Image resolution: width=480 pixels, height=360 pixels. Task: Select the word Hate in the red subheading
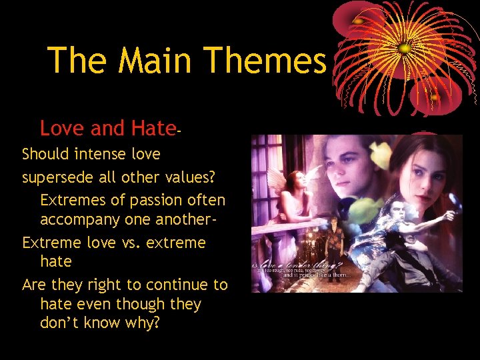pyautogui.click(x=153, y=127)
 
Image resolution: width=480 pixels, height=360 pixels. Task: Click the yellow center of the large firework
pyautogui.click(x=404, y=48)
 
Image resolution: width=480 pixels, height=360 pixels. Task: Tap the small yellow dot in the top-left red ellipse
pyautogui.click(x=358, y=21)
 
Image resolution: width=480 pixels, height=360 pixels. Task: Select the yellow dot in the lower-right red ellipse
pyautogui.click(x=434, y=98)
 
